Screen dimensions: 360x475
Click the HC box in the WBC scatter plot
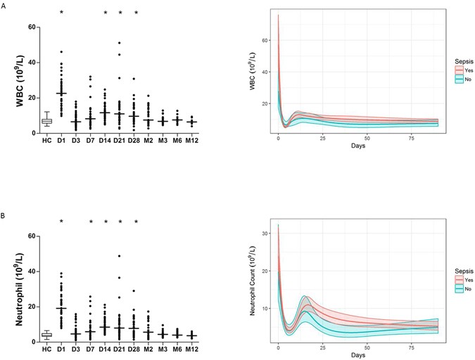coord(46,121)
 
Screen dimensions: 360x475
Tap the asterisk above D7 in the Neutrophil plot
coord(91,223)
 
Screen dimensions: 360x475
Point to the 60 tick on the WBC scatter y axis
coord(32,27)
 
